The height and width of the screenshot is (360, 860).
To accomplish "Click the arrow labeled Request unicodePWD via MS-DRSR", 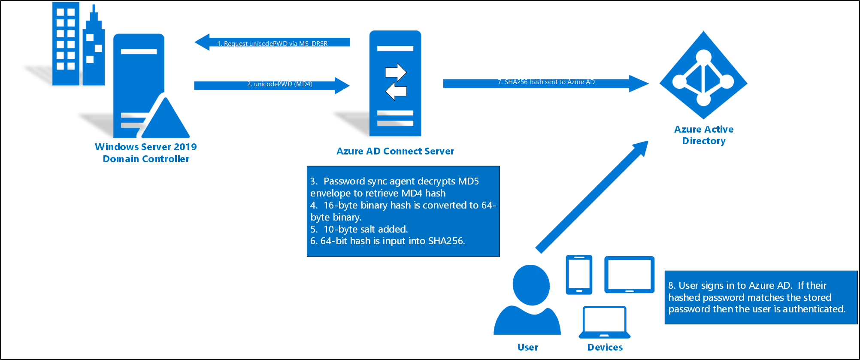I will tap(272, 42).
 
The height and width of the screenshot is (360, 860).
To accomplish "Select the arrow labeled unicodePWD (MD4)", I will tap(272, 85).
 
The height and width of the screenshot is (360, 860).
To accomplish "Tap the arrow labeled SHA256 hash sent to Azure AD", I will tap(545, 83).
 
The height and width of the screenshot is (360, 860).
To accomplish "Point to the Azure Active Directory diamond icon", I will tap(703, 75).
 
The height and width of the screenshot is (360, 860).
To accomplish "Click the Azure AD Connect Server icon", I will tap(395, 83).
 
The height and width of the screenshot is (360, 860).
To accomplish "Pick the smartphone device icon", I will tap(579, 275).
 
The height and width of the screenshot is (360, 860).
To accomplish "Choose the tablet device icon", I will tap(629, 275).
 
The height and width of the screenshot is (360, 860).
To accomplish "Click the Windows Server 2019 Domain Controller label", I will tap(146, 153).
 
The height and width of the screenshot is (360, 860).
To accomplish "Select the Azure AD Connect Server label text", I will tap(395, 151).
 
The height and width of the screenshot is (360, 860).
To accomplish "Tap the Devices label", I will tap(605, 347).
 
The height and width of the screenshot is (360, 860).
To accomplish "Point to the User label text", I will tap(527, 347).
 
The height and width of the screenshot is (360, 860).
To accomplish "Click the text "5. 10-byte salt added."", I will tap(359, 229).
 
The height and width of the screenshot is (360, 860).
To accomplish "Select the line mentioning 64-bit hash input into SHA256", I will tap(387, 241).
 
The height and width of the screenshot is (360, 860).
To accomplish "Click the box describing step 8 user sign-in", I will tap(760, 297).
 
